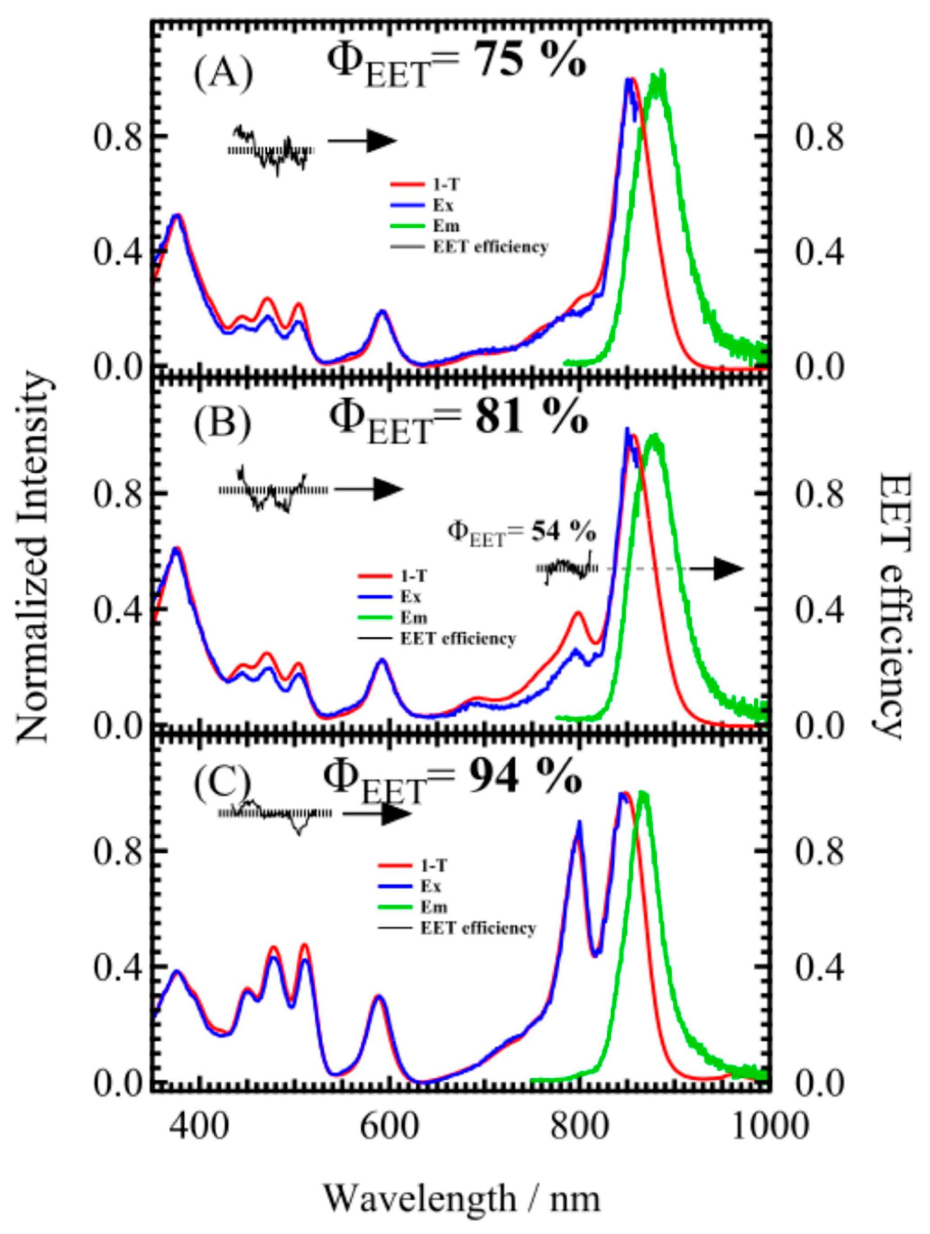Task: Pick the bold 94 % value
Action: tap(522, 777)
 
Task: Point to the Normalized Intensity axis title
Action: tap(35, 558)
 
